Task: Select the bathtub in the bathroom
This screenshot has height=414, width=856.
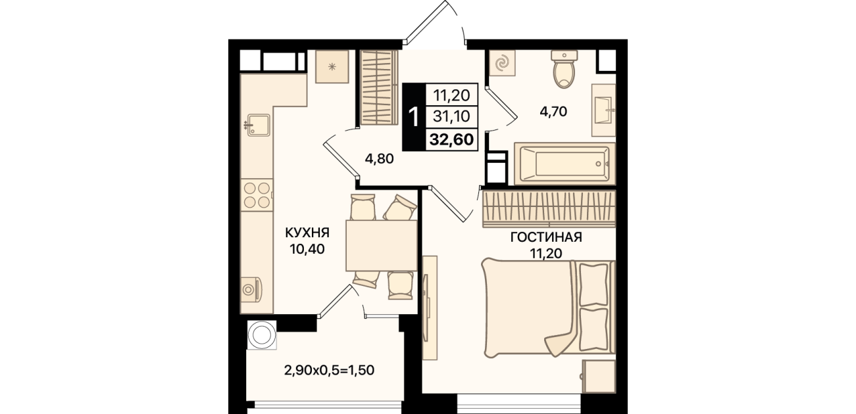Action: click(x=565, y=164)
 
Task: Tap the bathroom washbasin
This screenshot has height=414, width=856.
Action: click(x=604, y=110)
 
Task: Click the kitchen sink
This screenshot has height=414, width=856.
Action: click(x=259, y=125)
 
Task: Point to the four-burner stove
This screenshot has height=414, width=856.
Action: click(x=257, y=195)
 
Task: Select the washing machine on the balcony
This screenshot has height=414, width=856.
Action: click(x=262, y=334)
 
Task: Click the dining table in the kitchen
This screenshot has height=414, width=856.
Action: click(x=382, y=245)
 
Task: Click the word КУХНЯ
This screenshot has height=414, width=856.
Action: click(x=307, y=233)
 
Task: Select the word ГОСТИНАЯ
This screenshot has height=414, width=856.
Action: click(x=546, y=237)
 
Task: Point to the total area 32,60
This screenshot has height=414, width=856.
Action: click(x=452, y=140)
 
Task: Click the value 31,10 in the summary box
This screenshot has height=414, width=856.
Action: click(x=451, y=116)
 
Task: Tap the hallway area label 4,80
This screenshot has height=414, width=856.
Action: click(x=379, y=159)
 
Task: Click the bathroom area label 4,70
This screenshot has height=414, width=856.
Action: click(x=553, y=112)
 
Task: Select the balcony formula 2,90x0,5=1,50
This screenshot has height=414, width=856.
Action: click(x=329, y=370)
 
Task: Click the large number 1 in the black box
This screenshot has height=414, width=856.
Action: click(x=414, y=117)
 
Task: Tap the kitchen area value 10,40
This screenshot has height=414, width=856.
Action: click(x=307, y=249)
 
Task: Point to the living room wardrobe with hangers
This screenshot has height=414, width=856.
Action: click(x=549, y=209)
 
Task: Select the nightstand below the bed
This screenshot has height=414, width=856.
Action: click(x=599, y=376)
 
